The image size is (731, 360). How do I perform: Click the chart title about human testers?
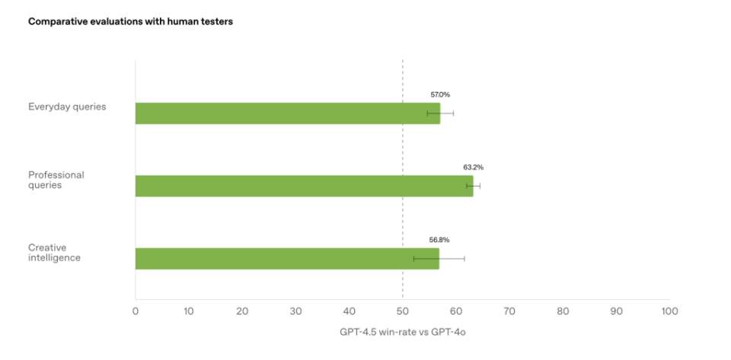click(x=130, y=22)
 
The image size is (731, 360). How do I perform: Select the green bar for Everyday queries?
click(x=287, y=113)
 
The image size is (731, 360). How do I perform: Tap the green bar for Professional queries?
click(x=304, y=186)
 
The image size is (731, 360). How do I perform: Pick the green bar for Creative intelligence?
click(x=286, y=259)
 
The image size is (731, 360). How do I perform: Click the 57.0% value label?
click(x=440, y=94)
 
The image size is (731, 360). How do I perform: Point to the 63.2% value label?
click(x=474, y=167)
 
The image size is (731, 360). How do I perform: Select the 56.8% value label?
click(x=439, y=240)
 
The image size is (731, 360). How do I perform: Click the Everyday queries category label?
click(x=67, y=107)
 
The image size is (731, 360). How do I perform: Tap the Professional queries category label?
click(x=56, y=180)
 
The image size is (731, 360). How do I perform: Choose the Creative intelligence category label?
click(x=55, y=253)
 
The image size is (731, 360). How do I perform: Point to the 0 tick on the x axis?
click(x=136, y=311)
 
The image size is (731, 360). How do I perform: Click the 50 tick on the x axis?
click(x=403, y=311)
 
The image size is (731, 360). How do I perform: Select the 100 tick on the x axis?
click(x=670, y=311)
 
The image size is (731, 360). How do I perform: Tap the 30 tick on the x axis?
click(x=296, y=311)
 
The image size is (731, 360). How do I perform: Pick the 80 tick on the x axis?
click(x=563, y=311)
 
